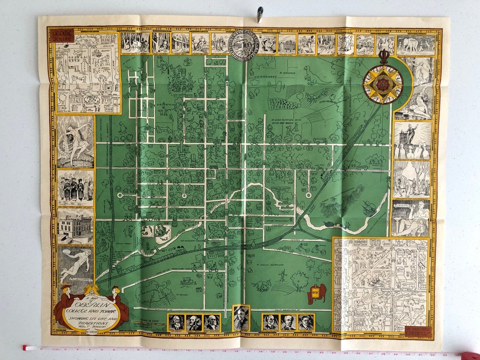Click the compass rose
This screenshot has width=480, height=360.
383,84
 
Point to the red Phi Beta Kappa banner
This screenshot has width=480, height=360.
316,294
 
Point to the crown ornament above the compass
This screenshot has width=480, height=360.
383,57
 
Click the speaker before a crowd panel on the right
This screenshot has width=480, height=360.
412,140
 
